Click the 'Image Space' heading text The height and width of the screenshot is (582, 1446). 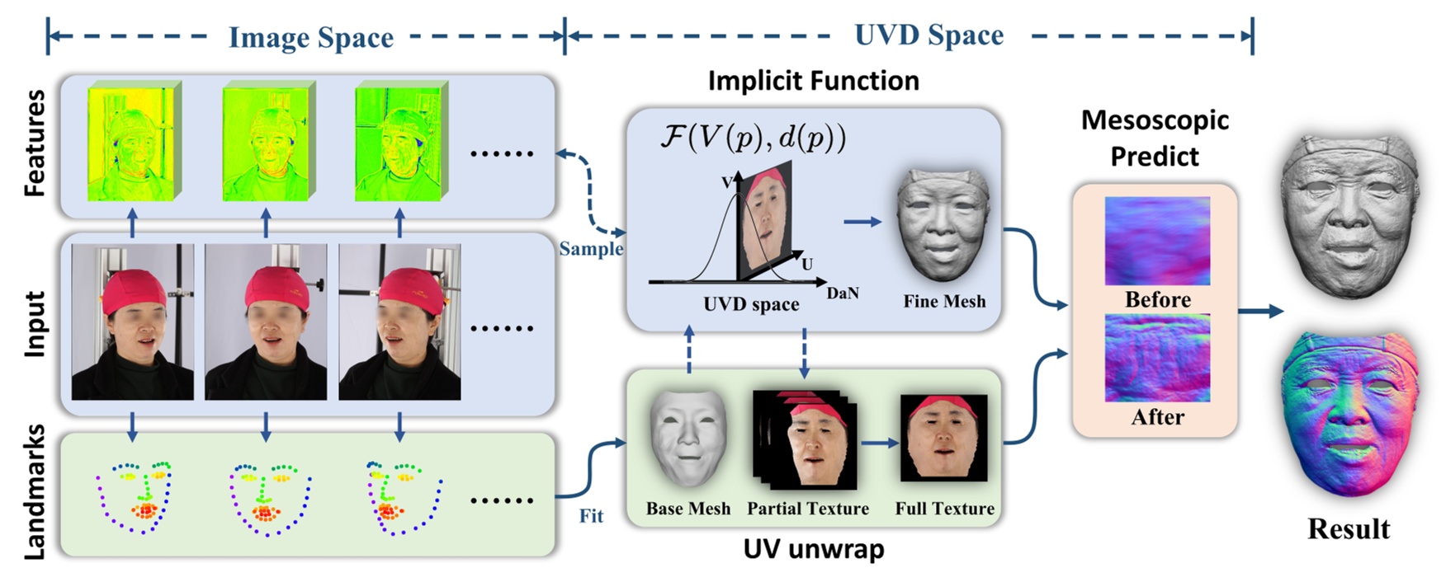pyautogui.click(x=310, y=37)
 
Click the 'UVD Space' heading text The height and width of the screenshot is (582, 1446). pyautogui.click(x=929, y=35)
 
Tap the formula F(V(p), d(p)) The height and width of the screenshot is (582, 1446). pyautogui.click(x=753, y=137)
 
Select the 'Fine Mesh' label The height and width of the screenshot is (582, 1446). pyautogui.click(x=944, y=302)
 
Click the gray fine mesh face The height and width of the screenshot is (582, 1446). pyautogui.click(x=943, y=224)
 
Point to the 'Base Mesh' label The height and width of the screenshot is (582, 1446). pyautogui.click(x=688, y=509)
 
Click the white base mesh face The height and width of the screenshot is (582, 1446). pyautogui.click(x=688, y=438)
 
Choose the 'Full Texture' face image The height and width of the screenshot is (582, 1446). pyautogui.click(x=943, y=438)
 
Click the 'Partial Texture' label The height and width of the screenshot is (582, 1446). pyautogui.click(x=807, y=509)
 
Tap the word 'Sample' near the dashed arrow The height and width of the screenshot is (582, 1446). pyautogui.click(x=591, y=248)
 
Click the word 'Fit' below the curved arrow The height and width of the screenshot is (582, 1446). pyautogui.click(x=591, y=516)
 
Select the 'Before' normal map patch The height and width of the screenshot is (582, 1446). pyautogui.click(x=1157, y=240)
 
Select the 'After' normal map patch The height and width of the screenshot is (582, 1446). pyautogui.click(x=1157, y=358)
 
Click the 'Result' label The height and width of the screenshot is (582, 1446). pyautogui.click(x=1349, y=528)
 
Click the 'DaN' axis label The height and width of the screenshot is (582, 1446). pyautogui.click(x=842, y=293)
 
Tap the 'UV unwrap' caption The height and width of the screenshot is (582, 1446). pyautogui.click(x=813, y=549)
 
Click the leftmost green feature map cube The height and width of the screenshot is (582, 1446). pyautogui.click(x=133, y=142)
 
